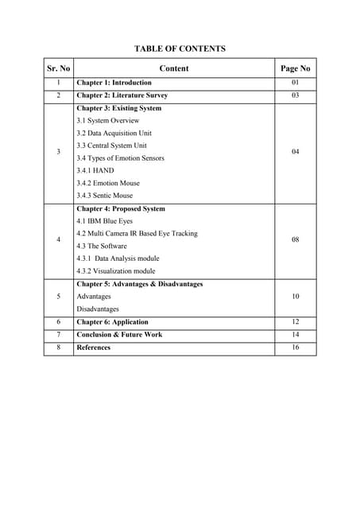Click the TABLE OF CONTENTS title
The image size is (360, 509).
coord(180,49)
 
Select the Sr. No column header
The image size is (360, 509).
coord(58,68)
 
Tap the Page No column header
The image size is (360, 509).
coord(295,68)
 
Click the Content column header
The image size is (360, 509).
coord(174,68)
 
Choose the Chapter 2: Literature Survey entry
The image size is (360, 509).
coord(122,95)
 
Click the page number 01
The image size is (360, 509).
coord(295,83)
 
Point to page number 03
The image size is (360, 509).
coord(295,95)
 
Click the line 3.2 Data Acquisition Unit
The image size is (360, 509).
coord(114,133)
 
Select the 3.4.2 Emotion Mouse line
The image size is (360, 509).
coord(108,183)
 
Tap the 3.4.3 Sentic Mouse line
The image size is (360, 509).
coord(105,195)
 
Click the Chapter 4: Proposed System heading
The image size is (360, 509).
coord(121,208)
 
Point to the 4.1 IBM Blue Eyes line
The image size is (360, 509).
coord(106,220)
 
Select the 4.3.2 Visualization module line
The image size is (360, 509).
coord(116,270)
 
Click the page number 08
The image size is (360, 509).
coord(295,239)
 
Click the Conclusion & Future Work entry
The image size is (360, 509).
coord(119,335)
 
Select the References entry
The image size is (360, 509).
coord(94,348)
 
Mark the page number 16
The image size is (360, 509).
coord(295,348)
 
